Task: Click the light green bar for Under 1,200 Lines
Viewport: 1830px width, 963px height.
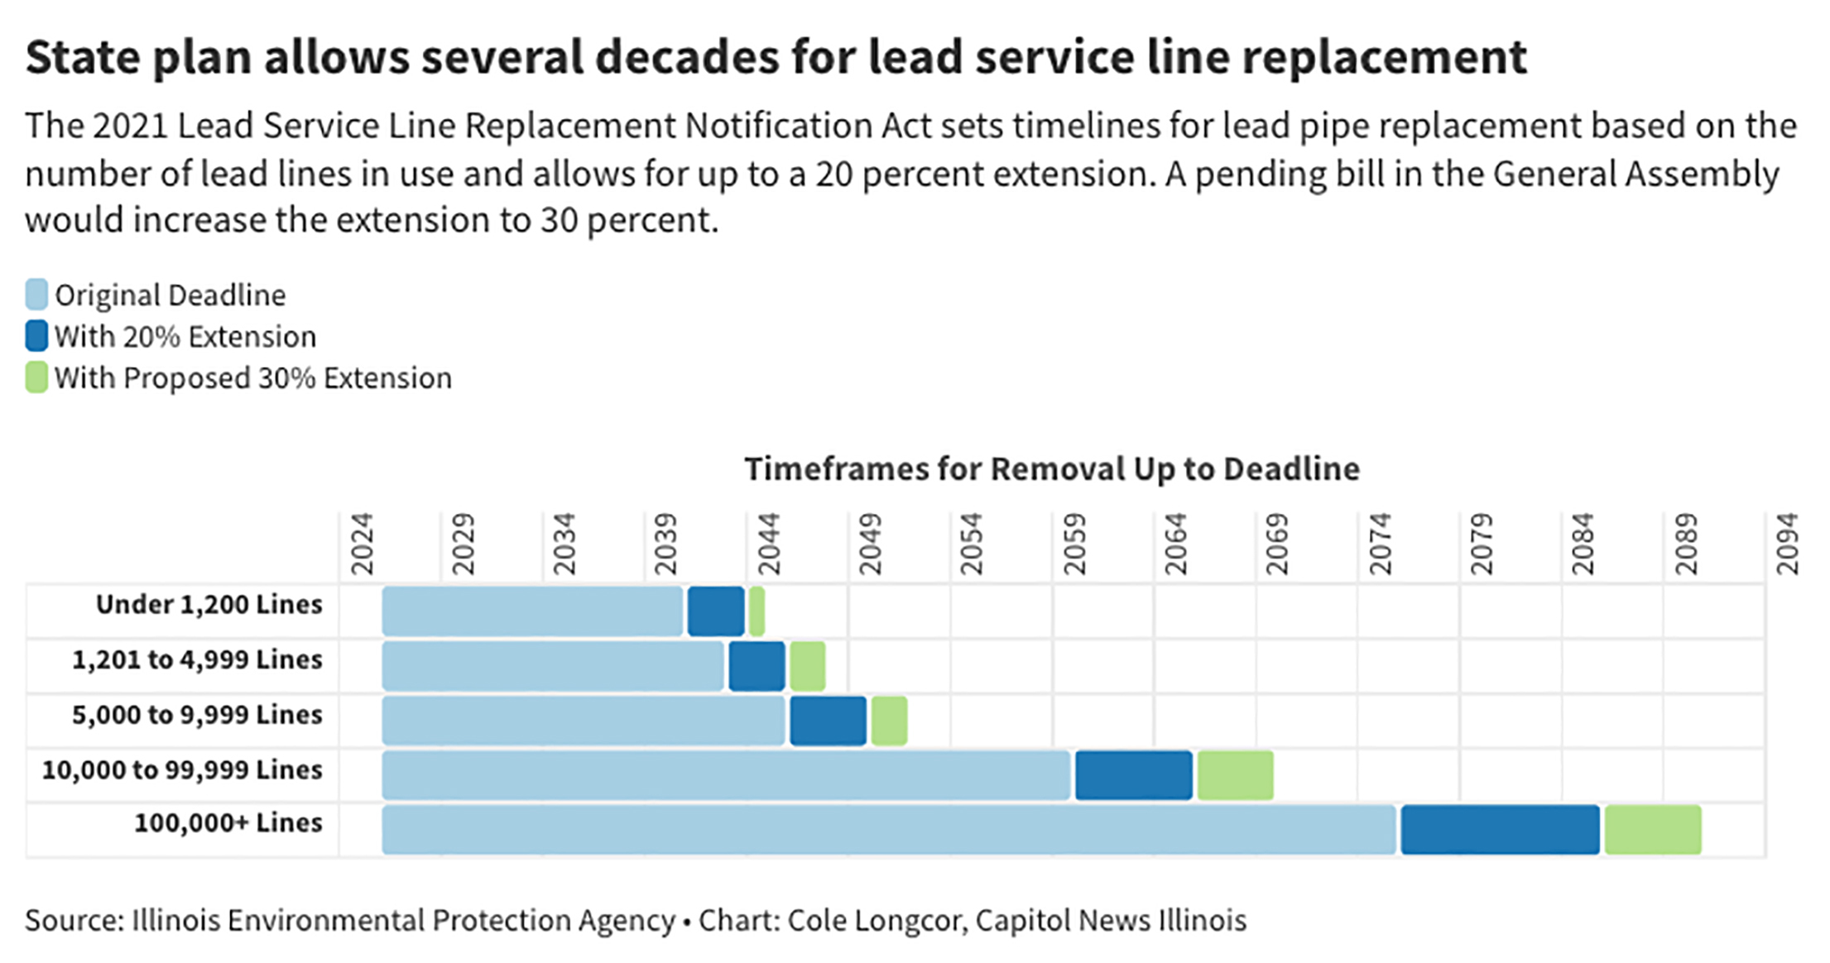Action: coord(756,611)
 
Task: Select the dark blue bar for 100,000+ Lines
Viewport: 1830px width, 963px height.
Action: coord(1500,829)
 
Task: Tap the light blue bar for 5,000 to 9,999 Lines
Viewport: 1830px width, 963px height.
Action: coord(584,721)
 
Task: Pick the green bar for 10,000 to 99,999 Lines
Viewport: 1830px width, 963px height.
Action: coord(1235,775)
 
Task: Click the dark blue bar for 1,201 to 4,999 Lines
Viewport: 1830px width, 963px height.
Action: coord(756,666)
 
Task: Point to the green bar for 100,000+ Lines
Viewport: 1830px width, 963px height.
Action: coord(1653,829)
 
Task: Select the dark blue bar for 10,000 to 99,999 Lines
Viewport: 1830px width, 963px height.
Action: coord(1133,775)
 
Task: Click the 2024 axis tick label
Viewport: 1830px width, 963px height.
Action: coord(362,544)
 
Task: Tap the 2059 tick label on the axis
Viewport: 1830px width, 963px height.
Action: coord(1074,544)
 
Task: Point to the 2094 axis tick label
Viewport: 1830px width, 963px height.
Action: coord(1787,544)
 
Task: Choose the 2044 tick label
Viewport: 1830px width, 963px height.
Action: coord(769,544)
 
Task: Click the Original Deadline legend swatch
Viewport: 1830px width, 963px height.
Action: coord(36,295)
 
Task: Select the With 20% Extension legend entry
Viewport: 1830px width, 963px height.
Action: coord(185,337)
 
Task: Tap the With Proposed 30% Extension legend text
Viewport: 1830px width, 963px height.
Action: coord(253,378)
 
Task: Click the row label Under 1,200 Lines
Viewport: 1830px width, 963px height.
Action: coord(209,605)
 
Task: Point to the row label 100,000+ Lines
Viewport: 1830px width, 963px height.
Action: coord(228,823)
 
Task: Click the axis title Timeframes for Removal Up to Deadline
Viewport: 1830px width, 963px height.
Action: coord(1051,469)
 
